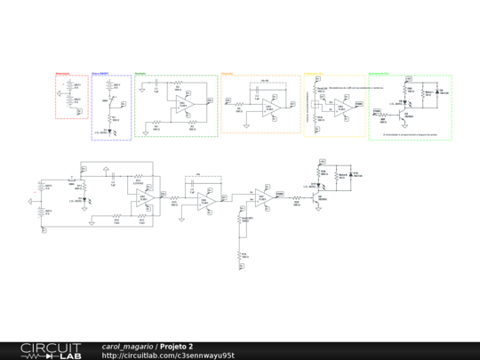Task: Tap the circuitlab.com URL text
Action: tap(168, 355)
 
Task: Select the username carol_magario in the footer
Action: tap(128, 346)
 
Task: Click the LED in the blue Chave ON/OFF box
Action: tap(108, 128)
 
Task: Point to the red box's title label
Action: tap(62, 74)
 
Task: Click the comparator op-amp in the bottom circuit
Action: tap(263, 195)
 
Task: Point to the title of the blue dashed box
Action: tap(100, 74)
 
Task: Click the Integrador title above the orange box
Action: tap(228, 74)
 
